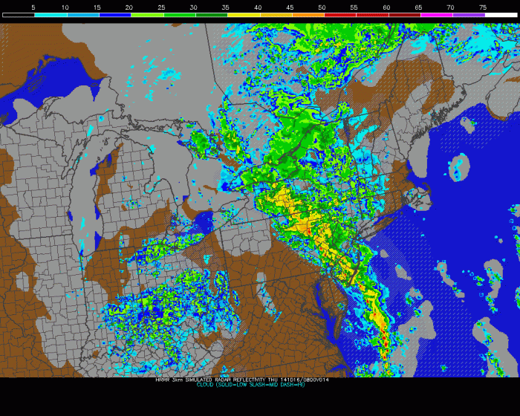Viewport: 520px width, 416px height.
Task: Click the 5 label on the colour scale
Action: click(x=33, y=7)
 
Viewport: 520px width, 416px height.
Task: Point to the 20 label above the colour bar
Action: click(x=129, y=7)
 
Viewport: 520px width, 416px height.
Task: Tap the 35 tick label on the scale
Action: click(x=226, y=7)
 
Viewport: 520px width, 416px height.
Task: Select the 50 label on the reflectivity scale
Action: click(x=322, y=7)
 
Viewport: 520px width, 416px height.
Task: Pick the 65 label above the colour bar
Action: click(x=418, y=7)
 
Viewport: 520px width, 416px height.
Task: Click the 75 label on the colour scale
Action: click(x=483, y=7)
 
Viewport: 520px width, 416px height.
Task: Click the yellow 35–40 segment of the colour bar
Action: click(x=242, y=15)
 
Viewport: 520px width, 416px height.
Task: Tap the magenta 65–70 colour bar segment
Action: click(x=435, y=15)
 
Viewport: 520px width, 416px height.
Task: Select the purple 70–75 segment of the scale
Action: click(x=467, y=15)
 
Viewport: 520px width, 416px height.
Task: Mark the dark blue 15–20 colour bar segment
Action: click(x=114, y=15)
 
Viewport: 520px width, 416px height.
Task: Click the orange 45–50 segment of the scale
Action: click(x=306, y=15)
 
